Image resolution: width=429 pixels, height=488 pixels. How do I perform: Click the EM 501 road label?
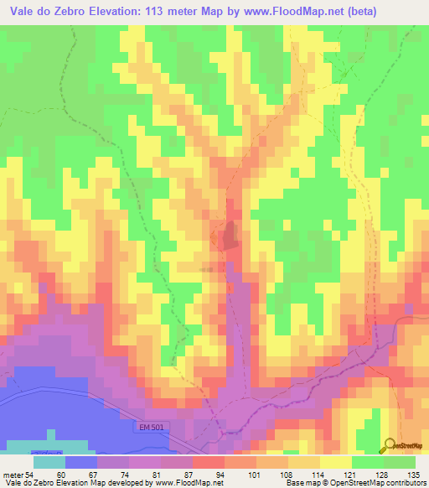point(147,428)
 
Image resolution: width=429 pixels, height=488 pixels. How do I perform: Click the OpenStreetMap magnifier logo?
point(390,445)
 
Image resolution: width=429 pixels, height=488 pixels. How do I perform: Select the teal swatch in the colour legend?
point(49,461)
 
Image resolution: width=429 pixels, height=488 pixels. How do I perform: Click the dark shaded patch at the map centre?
point(229,237)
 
